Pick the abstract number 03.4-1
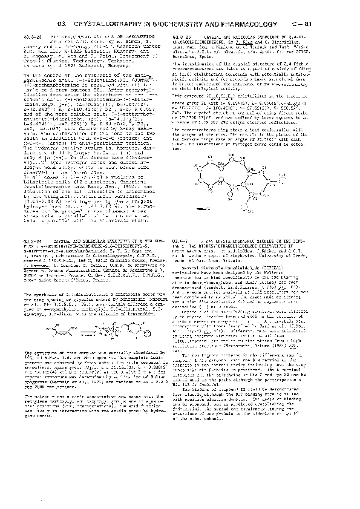coord(182,257)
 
